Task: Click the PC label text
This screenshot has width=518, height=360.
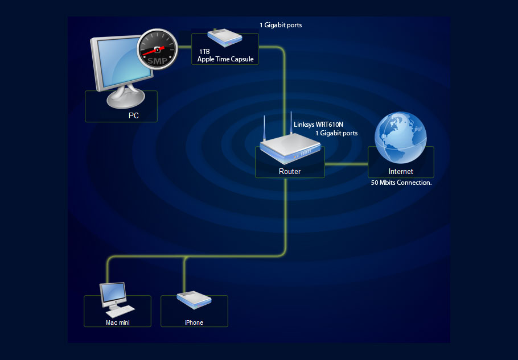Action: point(134,115)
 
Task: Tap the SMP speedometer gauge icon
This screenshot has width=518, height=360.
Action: point(155,49)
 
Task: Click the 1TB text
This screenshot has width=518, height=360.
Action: point(205,52)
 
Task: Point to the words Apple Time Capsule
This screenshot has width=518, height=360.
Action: point(225,59)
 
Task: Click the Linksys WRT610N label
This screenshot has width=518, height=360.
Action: point(318,124)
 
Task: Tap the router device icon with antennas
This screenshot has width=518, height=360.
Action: point(288,150)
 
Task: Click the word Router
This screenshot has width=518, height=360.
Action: point(290,171)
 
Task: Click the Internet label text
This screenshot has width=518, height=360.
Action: point(401,171)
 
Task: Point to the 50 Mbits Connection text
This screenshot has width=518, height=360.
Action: point(401,183)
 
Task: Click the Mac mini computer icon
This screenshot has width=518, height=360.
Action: point(114,299)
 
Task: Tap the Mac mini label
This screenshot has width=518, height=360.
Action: point(118,322)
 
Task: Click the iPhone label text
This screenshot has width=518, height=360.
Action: point(194,322)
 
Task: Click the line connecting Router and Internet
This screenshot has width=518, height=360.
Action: point(346,164)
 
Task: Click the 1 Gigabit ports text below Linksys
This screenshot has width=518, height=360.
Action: point(337,133)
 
